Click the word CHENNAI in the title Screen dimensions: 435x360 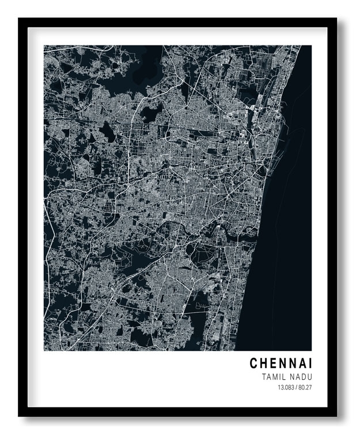pyautogui.click(x=281, y=364)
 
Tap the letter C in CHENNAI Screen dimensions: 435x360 pyautogui.click(x=253, y=364)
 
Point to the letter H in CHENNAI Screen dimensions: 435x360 pyautogui.click(x=263, y=364)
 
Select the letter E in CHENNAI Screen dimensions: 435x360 pyautogui.click(x=272, y=364)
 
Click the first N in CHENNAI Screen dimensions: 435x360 pyautogui.click(x=282, y=364)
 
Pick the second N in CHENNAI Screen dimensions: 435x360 pyautogui.click(x=291, y=364)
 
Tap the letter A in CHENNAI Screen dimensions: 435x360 pyautogui.click(x=301, y=364)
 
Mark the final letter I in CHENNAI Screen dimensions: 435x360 pyautogui.click(x=310, y=364)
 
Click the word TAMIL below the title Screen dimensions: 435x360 pyautogui.click(x=272, y=377)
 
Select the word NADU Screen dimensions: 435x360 pyautogui.click(x=301, y=377)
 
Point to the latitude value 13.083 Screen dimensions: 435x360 pyautogui.click(x=286, y=387)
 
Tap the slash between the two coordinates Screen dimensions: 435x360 pyautogui.click(x=296, y=387)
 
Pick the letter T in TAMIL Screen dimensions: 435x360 pyautogui.click(x=263, y=377)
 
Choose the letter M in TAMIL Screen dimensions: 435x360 pyautogui.click(x=274, y=377)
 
